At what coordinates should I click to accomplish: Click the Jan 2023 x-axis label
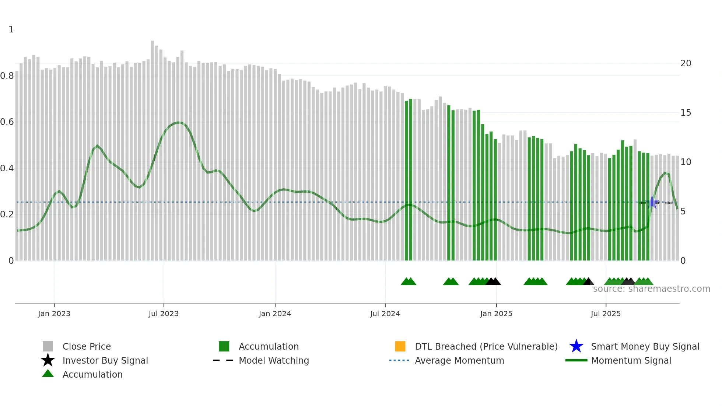[54, 314]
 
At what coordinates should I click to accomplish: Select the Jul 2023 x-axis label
[164, 314]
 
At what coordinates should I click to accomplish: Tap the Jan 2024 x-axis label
[275, 314]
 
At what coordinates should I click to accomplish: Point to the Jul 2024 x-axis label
[385, 314]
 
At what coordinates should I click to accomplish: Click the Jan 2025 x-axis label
[496, 314]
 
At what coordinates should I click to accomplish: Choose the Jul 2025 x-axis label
[606, 314]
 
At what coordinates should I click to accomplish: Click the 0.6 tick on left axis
[7, 122]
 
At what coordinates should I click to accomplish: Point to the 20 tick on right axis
[686, 63]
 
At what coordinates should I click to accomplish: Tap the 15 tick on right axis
[686, 113]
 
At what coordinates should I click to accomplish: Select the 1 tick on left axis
[11, 29]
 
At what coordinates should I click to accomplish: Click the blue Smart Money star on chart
[652, 202]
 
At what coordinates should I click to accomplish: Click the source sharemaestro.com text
[651, 289]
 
